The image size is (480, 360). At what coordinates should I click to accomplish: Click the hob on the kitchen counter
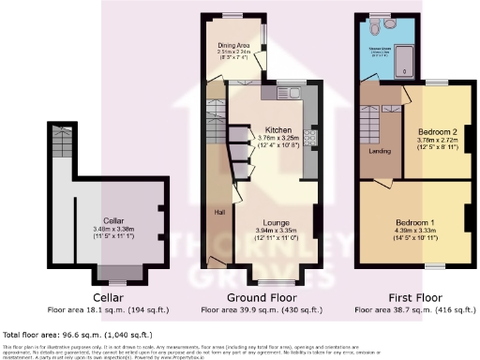coord(310,137)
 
